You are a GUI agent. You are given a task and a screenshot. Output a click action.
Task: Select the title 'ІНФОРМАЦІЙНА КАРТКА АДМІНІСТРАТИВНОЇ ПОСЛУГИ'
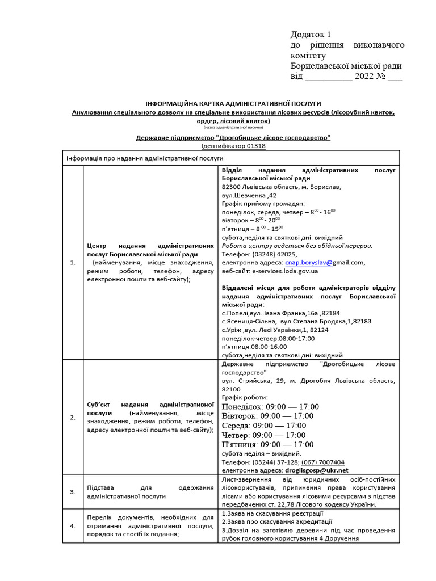point(233,104)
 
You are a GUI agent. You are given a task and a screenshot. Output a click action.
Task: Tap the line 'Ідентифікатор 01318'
point(233,146)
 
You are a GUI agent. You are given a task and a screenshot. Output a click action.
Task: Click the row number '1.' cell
point(72,263)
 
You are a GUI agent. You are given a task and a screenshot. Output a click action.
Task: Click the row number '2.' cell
point(72,418)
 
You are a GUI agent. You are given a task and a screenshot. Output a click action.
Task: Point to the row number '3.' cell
point(72,492)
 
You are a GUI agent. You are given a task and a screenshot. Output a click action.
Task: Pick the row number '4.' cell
point(72,526)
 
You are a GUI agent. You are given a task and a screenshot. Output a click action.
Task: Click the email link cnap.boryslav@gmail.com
point(324,263)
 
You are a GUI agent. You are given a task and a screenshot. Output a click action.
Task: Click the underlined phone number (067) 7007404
point(322,462)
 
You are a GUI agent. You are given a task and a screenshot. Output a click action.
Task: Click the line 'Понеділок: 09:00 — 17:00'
point(271,407)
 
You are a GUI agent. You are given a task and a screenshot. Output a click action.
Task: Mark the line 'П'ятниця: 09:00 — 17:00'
point(268,444)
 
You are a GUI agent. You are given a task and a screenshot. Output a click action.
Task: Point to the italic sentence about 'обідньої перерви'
point(297,246)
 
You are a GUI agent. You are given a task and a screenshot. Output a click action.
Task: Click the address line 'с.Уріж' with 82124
point(275,330)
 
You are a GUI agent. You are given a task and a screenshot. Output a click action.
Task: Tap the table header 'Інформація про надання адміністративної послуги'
point(145,158)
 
